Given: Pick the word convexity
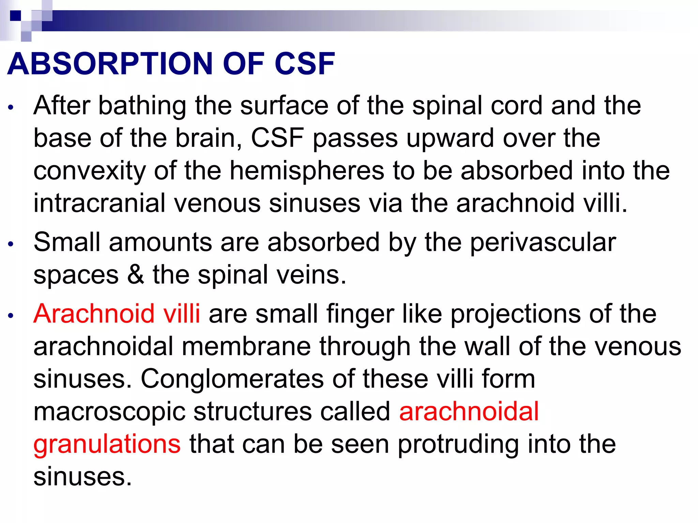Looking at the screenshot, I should [89, 171].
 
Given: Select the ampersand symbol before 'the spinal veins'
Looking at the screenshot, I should [136, 275].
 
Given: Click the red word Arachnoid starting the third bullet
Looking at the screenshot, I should [94, 314].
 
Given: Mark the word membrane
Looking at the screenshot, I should [246, 346].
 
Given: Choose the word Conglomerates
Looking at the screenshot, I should [232, 379].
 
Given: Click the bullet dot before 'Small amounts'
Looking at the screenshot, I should [11, 244].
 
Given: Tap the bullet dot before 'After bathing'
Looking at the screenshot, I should [11, 107].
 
